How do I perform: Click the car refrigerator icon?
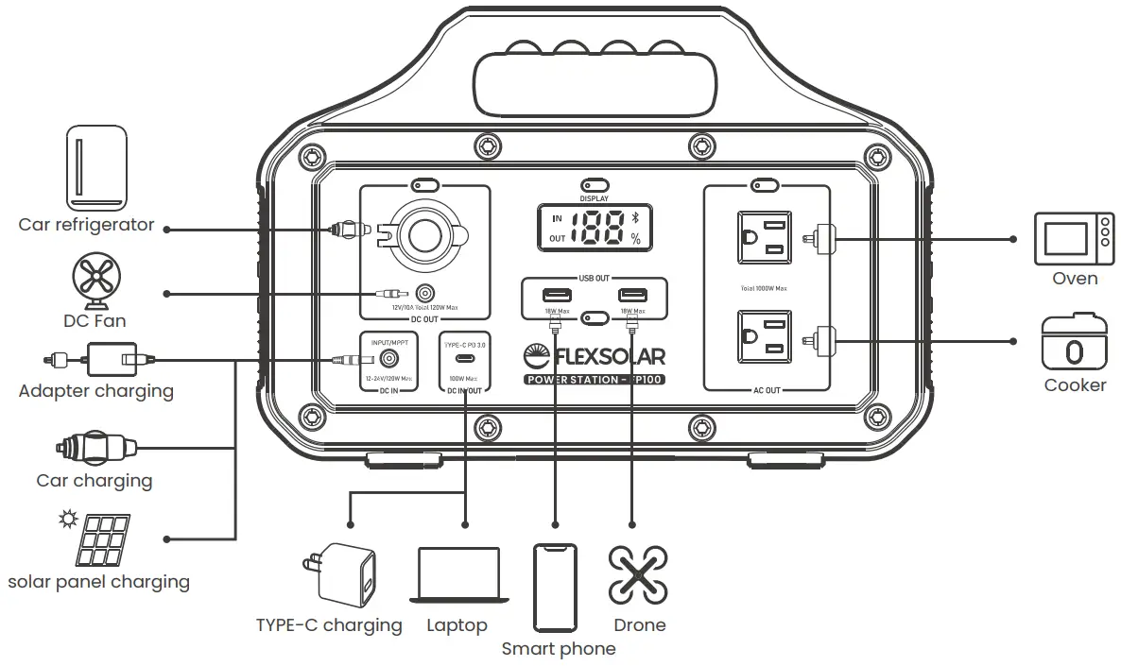[96, 167]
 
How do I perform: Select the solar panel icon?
[105, 538]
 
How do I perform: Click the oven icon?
[1075, 239]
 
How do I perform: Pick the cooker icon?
[1075, 343]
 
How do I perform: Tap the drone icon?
[638, 574]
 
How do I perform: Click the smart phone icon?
[555, 586]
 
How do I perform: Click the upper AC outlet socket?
[764, 237]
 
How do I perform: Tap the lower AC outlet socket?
[764, 335]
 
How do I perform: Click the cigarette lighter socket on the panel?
[423, 230]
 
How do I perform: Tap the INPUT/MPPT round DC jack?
[388, 359]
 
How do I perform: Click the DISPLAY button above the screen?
[594, 186]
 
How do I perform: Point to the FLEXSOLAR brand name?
[605, 356]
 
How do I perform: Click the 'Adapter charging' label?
[95, 391]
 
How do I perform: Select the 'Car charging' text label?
[94, 481]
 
